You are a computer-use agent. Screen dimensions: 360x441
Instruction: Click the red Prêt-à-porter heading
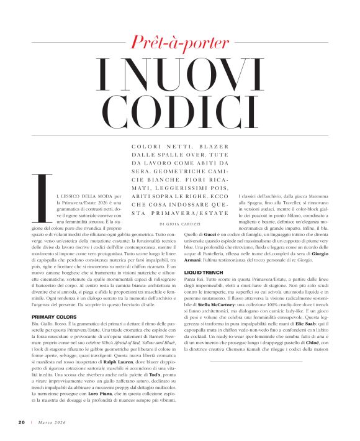click(x=179, y=43)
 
